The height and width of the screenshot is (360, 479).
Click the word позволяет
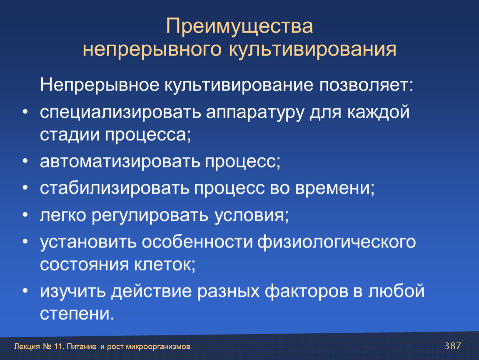pyautogui.click(x=366, y=85)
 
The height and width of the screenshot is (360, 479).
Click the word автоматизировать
pyautogui.click(x=120, y=162)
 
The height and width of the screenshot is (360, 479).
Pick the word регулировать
pyautogui.click(x=150, y=215)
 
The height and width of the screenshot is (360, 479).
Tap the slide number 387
pyautogui.click(x=453, y=346)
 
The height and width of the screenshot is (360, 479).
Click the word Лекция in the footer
pyautogui.click(x=27, y=347)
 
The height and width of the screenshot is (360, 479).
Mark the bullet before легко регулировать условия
pyautogui.click(x=25, y=215)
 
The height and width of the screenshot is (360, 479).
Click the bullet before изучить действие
pyautogui.click(x=25, y=291)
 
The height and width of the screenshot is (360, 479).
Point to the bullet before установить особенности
pyautogui.click(x=25, y=242)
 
